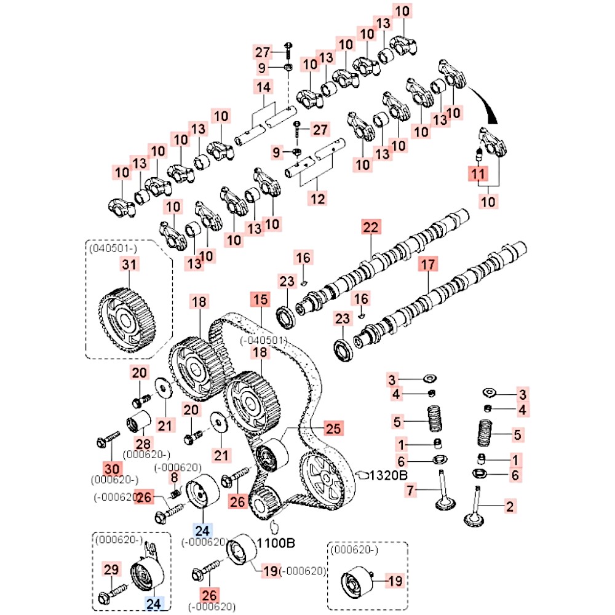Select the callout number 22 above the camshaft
(371, 228)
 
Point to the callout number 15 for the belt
(260, 300)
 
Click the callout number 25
(333, 429)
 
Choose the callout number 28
(143, 444)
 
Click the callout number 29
(110, 570)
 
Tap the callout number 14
(263, 87)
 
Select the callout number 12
(317, 199)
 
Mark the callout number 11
(478, 175)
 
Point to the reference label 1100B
(276, 543)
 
